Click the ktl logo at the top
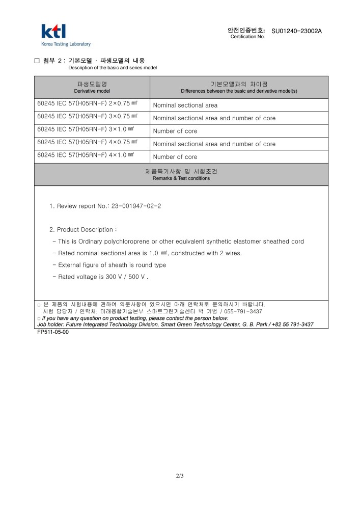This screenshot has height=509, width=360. coord(53,31)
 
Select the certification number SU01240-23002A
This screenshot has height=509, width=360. coord(296,31)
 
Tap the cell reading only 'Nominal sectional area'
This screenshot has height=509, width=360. coord(185,105)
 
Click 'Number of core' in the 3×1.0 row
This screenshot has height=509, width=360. coord(175,131)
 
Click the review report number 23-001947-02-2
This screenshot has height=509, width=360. coord(136,206)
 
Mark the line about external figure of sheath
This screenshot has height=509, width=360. coord(112,265)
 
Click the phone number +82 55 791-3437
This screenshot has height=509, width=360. coord(292,325)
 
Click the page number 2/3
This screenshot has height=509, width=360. coord(180,476)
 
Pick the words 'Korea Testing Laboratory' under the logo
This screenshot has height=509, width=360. coord(66,44)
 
